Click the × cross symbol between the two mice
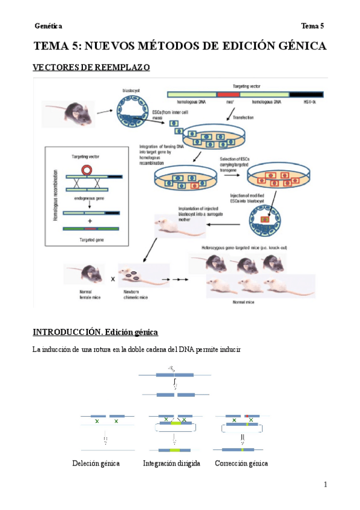[112, 280]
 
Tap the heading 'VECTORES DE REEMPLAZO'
[91, 68]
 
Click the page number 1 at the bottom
[325, 485]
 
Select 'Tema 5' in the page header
[313, 26]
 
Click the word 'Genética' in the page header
[48, 26]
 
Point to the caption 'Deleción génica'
[96, 463]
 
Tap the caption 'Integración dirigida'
[174, 463]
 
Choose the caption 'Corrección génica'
[241, 463]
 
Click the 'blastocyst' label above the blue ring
[131, 90]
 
